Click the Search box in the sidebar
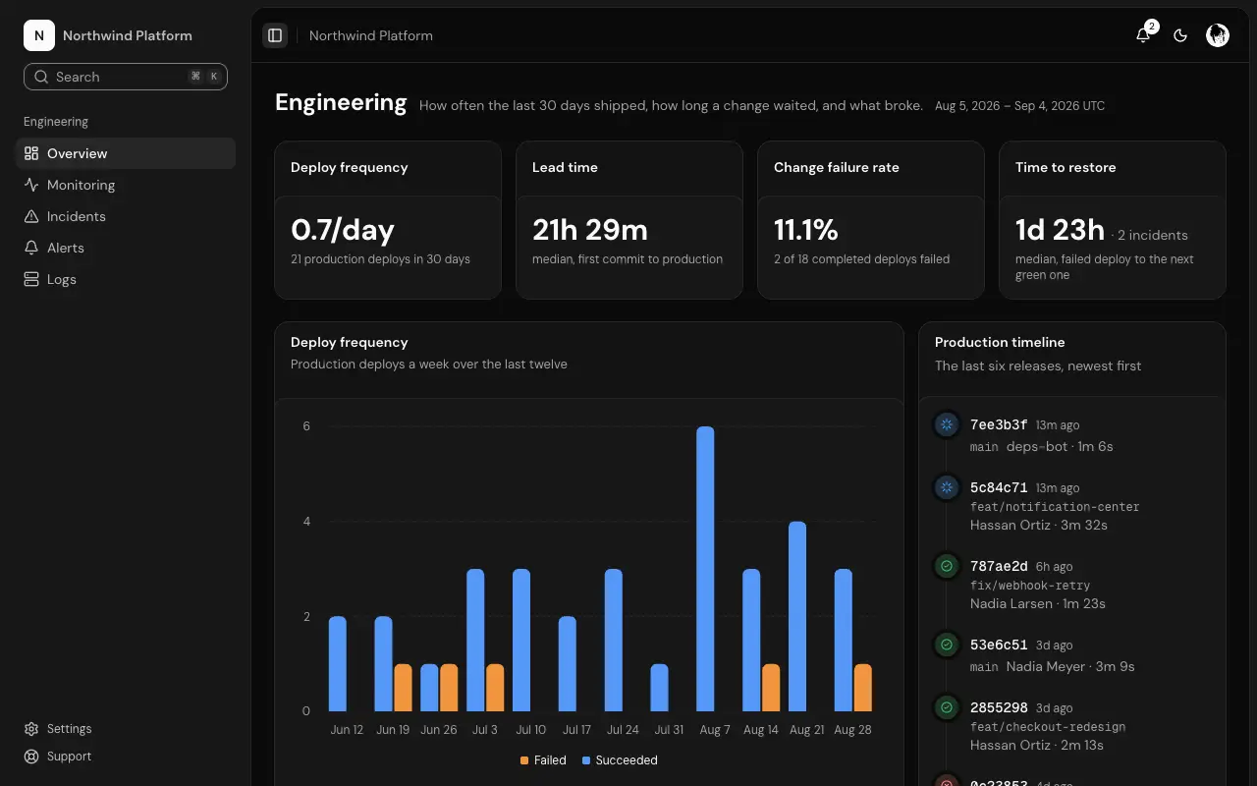pos(125,77)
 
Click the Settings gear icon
pos(31,729)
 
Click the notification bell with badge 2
pos(1143,35)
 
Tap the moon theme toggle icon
pos(1180,35)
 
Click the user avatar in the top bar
pos(1217,35)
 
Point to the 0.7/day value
pos(343,230)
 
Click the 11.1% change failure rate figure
pos(806,230)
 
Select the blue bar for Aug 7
pos(705,569)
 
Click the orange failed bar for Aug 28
pos(863,688)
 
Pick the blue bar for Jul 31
pos(659,688)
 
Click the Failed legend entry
pos(543,760)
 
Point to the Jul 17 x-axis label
pos(576,730)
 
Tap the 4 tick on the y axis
pos(306,522)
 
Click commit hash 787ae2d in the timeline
pos(999,566)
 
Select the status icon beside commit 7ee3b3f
pos(947,424)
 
